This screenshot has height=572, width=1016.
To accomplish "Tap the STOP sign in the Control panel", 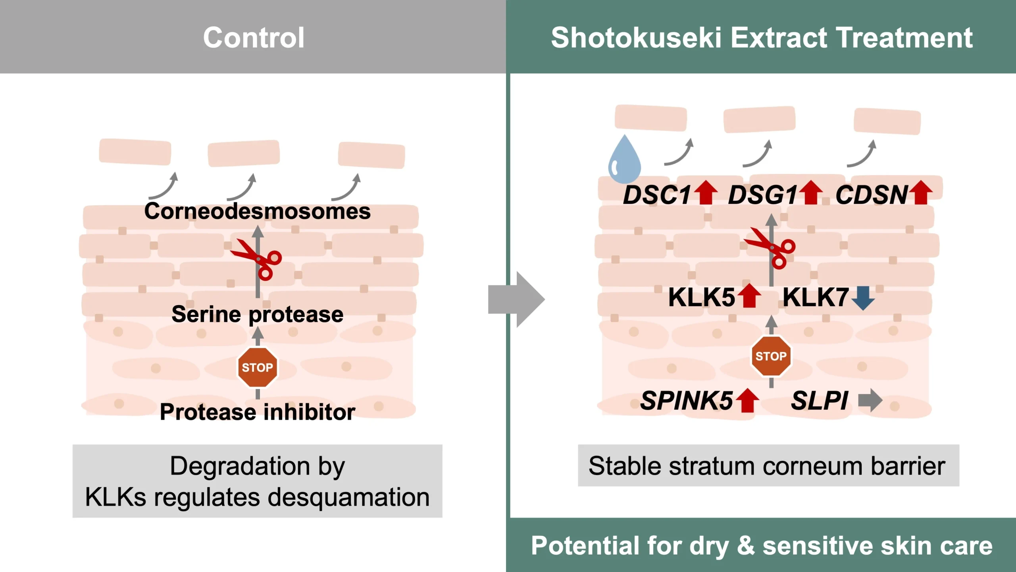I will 258,367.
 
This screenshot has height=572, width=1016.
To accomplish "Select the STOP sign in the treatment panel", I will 771,356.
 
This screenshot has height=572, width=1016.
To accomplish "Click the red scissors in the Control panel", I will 258,259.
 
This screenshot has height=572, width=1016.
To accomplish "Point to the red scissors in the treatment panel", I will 772,248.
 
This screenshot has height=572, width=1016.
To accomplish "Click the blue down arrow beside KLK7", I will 863,298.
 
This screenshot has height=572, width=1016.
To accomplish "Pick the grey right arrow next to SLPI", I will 870,400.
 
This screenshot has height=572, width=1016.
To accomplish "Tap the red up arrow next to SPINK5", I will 748,400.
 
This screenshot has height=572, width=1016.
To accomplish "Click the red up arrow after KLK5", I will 749,296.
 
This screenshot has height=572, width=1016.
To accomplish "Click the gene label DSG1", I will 762,195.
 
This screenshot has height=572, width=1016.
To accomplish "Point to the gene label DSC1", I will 657,195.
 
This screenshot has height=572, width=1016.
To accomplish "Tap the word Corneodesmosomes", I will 257,211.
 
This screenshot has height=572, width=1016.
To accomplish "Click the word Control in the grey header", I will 254,38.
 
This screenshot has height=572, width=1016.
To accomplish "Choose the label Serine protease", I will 257,315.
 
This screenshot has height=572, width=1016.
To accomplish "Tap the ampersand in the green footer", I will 745,546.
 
